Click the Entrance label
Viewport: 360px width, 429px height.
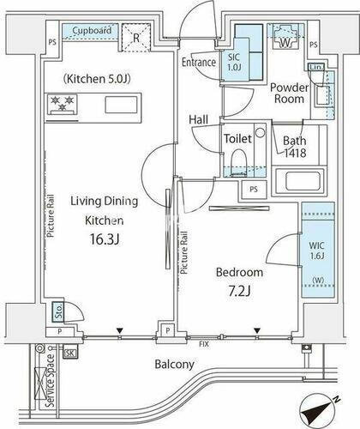click(x=199, y=62)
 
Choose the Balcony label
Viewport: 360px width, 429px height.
click(x=176, y=364)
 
